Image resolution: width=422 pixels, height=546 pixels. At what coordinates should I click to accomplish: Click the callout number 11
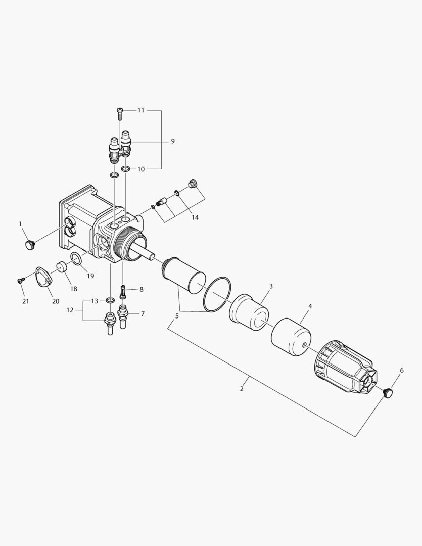(x=140, y=110)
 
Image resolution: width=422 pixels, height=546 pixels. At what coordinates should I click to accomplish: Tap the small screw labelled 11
(x=119, y=114)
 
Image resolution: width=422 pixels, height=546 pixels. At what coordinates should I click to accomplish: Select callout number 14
(x=195, y=217)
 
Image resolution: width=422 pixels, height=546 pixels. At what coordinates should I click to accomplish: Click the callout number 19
(x=90, y=276)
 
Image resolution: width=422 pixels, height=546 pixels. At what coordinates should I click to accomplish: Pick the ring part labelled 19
(x=76, y=259)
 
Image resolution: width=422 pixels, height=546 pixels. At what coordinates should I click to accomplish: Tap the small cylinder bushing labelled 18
(x=63, y=268)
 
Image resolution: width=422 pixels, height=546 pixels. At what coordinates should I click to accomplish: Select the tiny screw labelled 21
(x=21, y=280)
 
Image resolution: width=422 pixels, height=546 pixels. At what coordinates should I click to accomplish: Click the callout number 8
(x=141, y=289)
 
